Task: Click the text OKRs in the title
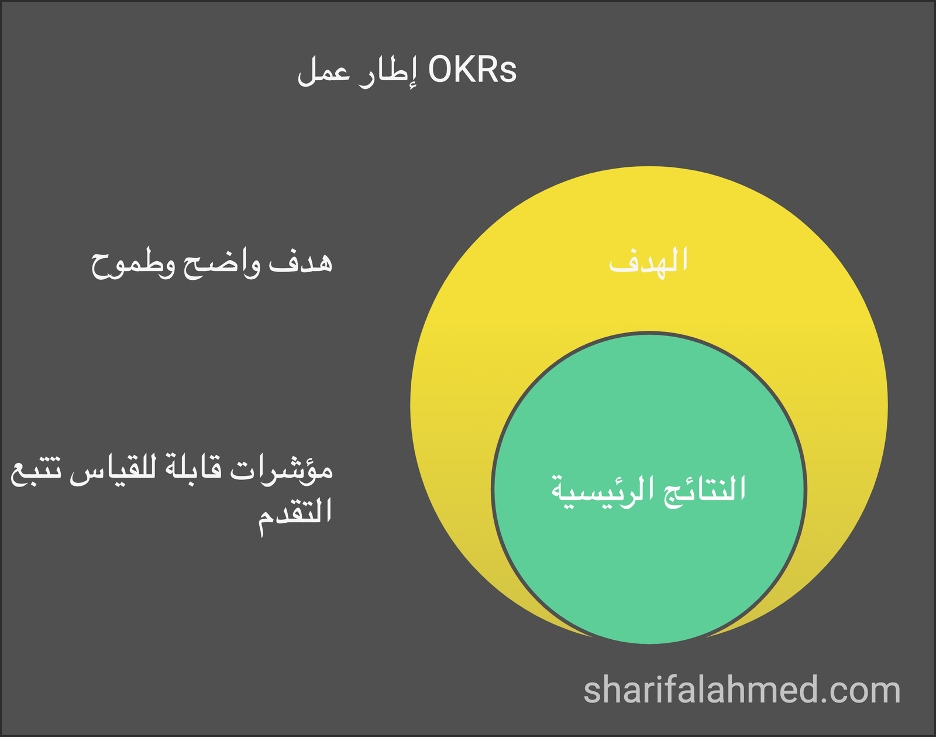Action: (x=472, y=70)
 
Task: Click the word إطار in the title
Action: (x=387, y=72)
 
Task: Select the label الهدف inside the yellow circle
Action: (x=648, y=260)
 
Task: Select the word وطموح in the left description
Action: (x=133, y=264)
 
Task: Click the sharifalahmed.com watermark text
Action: (x=742, y=690)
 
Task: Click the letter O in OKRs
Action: (x=442, y=70)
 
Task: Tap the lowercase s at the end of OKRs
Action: (x=508, y=73)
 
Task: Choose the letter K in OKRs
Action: (x=467, y=70)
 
